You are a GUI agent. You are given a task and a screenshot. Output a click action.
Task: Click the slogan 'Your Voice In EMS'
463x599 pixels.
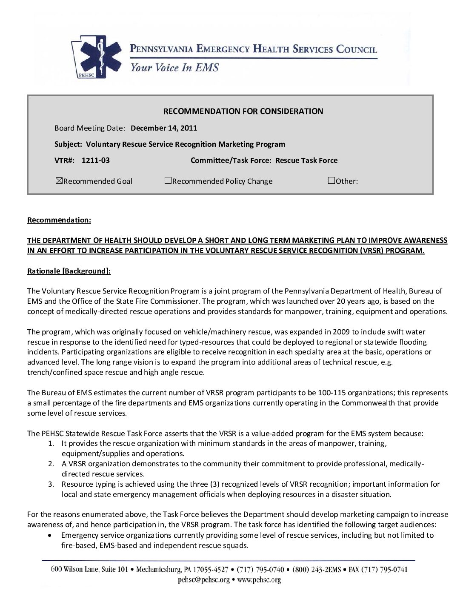pos(174,68)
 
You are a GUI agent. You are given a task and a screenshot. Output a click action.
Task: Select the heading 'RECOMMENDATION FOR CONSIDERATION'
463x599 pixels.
pos(243,111)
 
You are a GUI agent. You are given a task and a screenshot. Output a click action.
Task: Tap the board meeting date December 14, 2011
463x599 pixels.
pos(164,128)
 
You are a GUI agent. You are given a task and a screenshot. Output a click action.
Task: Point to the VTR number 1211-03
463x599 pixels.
pos(95,160)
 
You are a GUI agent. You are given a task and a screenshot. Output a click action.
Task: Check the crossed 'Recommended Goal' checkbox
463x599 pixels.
pos(59,181)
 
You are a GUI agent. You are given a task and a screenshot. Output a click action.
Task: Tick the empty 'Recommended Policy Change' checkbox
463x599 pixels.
pos(168,181)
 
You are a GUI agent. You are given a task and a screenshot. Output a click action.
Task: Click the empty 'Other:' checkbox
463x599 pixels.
pos(332,181)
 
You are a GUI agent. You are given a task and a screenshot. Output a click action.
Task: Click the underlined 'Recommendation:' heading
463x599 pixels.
pos(59,220)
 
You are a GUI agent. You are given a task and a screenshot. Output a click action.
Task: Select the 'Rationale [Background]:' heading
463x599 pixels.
pos(69,271)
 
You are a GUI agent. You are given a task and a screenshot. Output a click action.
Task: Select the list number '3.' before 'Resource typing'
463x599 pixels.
pos(51,484)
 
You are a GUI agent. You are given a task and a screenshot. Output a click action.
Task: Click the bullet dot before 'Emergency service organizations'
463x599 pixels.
pos(51,535)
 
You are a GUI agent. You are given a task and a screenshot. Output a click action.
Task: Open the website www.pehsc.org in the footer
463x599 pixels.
pos(259,579)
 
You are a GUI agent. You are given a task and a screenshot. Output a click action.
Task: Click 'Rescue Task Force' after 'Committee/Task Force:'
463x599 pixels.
pos(306,160)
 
